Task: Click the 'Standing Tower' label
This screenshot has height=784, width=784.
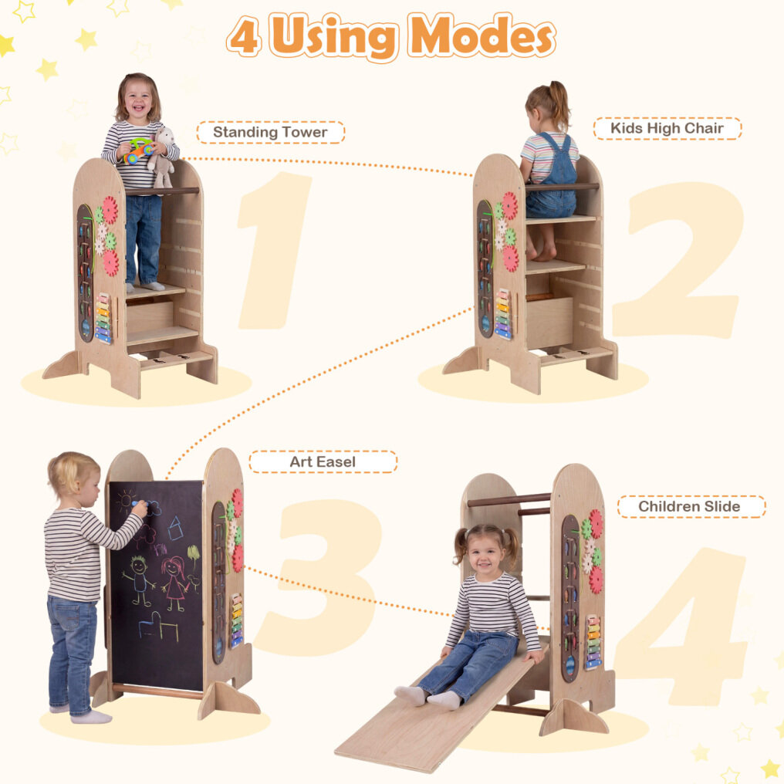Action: pyautogui.click(x=270, y=132)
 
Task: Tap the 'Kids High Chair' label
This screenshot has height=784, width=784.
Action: pyautogui.click(x=667, y=129)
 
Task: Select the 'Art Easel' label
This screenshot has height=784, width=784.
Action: pyautogui.click(x=323, y=461)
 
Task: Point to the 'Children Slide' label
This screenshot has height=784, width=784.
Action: pyautogui.click(x=690, y=506)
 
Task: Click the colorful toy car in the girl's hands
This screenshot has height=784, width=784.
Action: pyautogui.click(x=138, y=150)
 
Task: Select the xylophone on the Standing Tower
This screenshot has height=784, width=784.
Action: pyautogui.click(x=103, y=319)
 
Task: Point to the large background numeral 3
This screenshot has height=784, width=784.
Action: pyautogui.click(x=320, y=575)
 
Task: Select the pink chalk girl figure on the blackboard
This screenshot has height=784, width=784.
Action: pyautogui.click(x=174, y=583)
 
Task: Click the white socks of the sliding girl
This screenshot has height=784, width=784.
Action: pyautogui.click(x=427, y=697)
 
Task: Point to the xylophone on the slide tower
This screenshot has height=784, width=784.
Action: pyautogui.click(x=593, y=642)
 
